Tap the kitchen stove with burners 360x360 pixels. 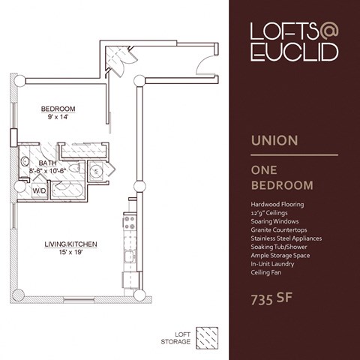pyautogui.click(x=128, y=222)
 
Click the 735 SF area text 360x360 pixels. pyautogui.click(x=272, y=301)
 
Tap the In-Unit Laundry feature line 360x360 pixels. pyautogui.click(x=273, y=264)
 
